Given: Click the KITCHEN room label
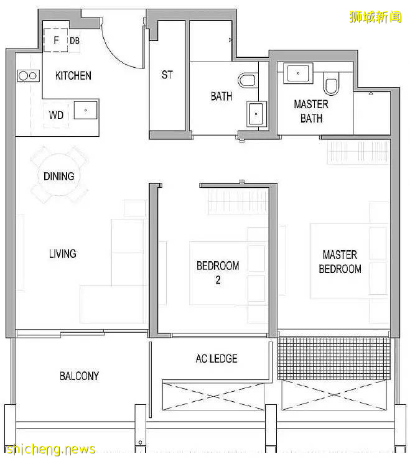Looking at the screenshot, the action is coord(73,75).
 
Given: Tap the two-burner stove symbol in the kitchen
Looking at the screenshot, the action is coord(28,76).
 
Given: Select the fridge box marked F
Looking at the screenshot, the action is coord(55,40).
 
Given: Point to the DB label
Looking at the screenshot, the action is coord(75,40).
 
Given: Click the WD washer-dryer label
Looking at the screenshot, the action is coord(56,115).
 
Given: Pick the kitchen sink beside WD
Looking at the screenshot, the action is coord(85,110).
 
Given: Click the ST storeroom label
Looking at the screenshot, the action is coord(167,75).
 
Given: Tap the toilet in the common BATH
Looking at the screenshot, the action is coord(247,80).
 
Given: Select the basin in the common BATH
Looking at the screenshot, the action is coord(256,114).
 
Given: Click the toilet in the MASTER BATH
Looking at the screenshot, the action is coord(331,83).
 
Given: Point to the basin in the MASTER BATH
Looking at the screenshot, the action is coord(298,73).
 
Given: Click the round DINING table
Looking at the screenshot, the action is coord(59,175).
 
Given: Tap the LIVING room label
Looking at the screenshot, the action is coord(63,254).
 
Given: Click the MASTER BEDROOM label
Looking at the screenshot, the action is coord(340,262).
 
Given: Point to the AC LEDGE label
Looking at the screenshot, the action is coord(217,358).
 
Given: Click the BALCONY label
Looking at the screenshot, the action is coord(80,376).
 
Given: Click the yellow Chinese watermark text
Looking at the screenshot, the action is coord(375,17).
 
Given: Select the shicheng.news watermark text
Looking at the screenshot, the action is coord(50,449).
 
